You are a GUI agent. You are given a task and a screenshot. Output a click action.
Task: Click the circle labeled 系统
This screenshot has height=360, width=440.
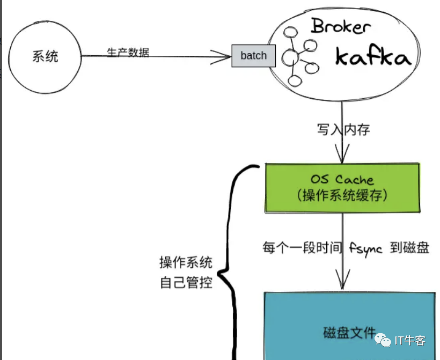45,56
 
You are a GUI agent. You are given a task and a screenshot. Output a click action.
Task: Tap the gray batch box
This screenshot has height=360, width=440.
253,56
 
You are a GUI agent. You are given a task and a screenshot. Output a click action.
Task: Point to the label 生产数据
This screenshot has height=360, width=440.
128,52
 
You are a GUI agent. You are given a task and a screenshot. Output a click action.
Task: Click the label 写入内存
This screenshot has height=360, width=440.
343,130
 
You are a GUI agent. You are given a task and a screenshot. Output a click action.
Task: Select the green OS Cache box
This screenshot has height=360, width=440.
342,188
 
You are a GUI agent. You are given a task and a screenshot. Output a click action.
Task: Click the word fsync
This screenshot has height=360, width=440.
365,249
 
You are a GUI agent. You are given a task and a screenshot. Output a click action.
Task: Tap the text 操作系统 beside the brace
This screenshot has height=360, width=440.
186,263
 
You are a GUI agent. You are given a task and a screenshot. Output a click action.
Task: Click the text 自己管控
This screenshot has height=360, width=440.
186,282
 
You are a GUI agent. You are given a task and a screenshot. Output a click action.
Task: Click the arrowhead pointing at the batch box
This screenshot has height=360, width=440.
225,55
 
